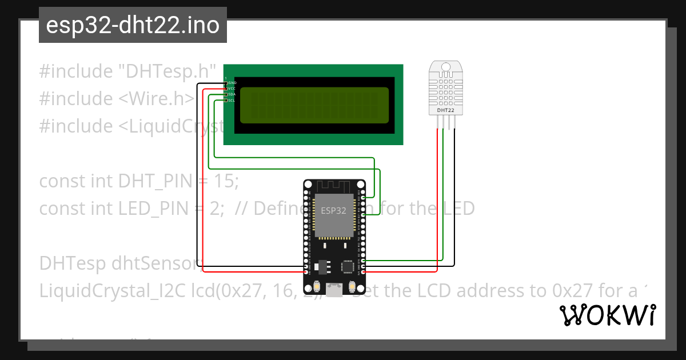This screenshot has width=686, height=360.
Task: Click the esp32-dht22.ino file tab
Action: [133, 26]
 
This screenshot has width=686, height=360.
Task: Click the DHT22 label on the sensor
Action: [445, 109]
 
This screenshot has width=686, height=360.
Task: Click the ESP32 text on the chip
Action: [333, 210]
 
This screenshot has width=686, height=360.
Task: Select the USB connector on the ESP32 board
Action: [334, 286]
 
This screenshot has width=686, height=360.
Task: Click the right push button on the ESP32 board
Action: [352, 286]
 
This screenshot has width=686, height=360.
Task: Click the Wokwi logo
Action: [608, 315]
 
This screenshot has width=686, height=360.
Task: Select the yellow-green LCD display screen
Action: [314, 106]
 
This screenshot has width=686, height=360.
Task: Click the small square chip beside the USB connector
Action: [348, 266]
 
